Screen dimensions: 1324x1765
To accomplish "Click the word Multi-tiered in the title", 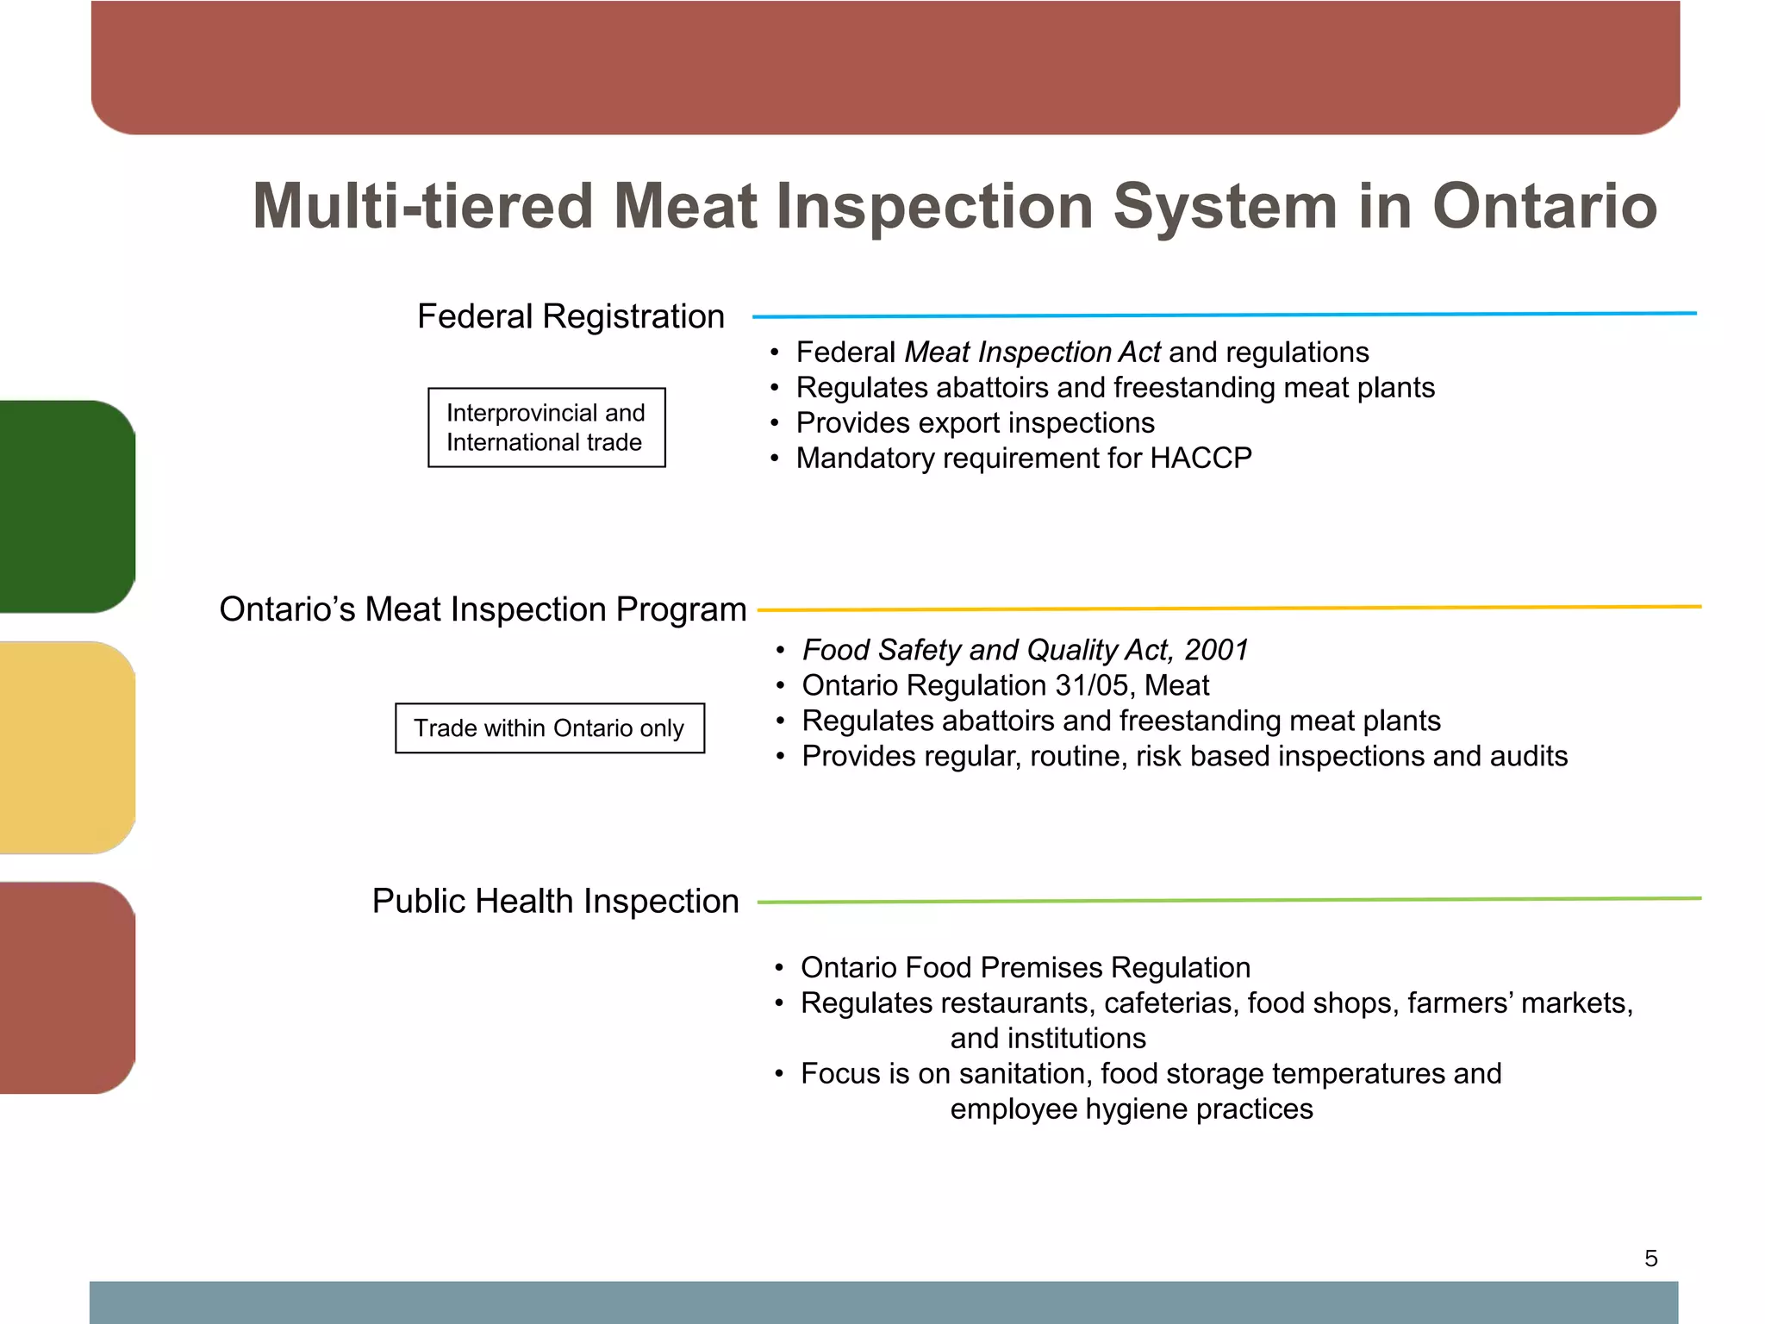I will pos(422,207).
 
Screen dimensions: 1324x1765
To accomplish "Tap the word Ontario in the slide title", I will pos(1544,207).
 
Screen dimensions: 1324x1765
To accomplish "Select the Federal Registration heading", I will pos(571,316).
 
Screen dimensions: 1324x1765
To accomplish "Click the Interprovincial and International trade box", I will pos(546,428).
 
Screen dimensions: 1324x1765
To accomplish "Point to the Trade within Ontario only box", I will pos(549,728).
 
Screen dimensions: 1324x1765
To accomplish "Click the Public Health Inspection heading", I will pos(555,901).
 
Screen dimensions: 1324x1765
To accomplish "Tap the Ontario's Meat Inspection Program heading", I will pos(483,609).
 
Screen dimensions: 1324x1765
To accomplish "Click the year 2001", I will pos(1216,650).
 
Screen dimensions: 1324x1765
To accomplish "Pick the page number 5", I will pos(1650,1258).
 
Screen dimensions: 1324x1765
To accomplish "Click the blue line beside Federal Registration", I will pos(1224,315).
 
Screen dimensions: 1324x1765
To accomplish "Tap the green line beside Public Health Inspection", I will pos(1229,901).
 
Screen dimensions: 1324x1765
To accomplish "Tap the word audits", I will pos(1528,756).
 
